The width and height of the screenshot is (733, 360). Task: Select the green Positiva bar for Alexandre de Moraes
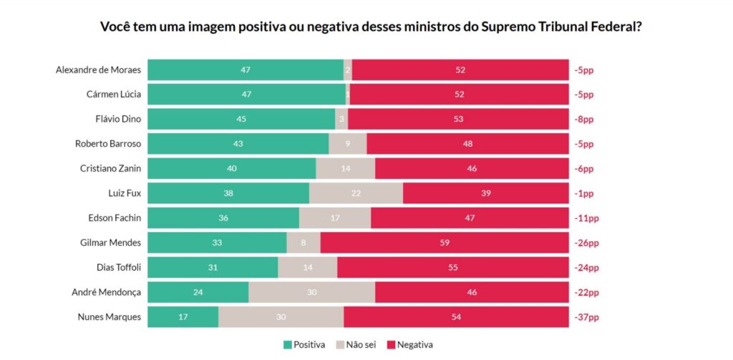246,69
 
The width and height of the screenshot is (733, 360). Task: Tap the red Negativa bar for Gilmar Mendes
444,243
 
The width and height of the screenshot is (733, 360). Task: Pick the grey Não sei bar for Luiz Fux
356,193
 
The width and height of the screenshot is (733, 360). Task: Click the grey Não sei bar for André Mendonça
311,292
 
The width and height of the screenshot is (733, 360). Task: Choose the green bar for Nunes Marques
183,317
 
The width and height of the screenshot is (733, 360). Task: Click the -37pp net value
586,317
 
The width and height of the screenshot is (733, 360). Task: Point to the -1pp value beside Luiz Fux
583,193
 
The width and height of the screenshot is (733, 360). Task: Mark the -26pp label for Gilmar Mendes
586,243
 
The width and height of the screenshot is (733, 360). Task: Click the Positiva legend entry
305,344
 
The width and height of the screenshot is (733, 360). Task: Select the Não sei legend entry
356,344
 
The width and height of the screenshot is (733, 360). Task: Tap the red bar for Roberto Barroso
467,144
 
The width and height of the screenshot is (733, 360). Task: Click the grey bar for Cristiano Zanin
345,168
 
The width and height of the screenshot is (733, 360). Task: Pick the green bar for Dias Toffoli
213,268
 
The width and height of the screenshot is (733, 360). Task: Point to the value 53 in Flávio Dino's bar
458,119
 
